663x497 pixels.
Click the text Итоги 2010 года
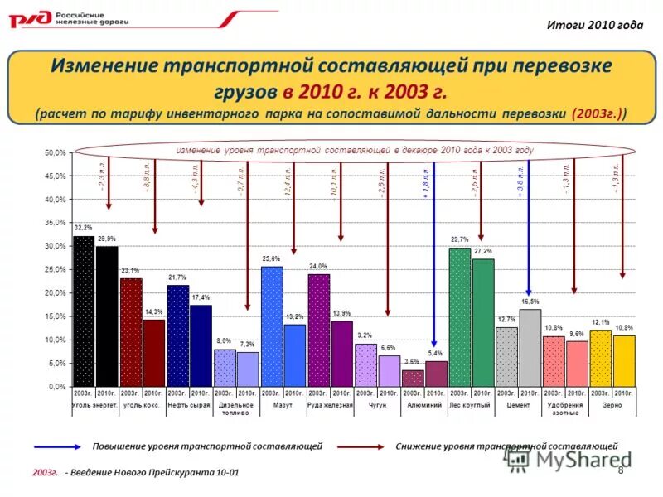(594, 24)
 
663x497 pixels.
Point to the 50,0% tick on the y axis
(55, 153)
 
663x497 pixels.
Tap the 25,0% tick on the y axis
(55, 270)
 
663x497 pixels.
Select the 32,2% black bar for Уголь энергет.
(83, 311)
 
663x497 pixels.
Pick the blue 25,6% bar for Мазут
(272, 326)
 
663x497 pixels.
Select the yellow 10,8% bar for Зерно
(624, 361)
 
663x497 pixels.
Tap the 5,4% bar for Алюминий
(436, 374)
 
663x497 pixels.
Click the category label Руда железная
(330, 405)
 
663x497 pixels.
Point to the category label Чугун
(377, 405)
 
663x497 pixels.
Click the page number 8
(621, 470)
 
